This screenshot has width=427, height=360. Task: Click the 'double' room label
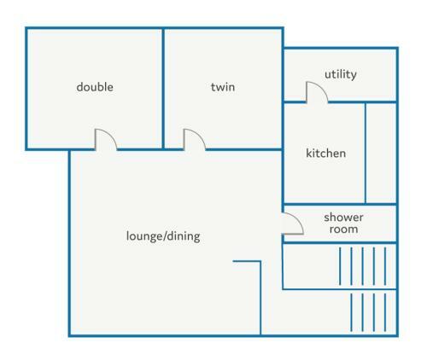click(x=95, y=87)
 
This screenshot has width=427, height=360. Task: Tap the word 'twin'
click(x=223, y=87)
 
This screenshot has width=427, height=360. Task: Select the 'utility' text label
click(x=341, y=74)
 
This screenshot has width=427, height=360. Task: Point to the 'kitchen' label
click(x=326, y=153)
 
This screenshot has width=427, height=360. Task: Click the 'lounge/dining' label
click(x=163, y=236)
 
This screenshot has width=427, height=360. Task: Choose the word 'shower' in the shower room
click(x=343, y=218)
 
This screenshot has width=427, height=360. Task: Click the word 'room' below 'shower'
click(x=343, y=229)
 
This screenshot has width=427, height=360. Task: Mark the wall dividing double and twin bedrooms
click(x=163, y=89)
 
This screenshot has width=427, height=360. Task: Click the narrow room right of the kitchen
click(x=381, y=154)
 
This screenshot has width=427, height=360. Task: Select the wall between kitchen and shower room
click(x=340, y=204)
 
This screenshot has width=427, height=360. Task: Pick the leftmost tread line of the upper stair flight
click(x=340, y=266)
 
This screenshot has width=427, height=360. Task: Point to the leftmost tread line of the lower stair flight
click(x=351, y=312)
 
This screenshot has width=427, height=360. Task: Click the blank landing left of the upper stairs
click(x=311, y=266)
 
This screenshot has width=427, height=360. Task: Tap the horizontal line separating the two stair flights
click(x=340, y=289)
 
